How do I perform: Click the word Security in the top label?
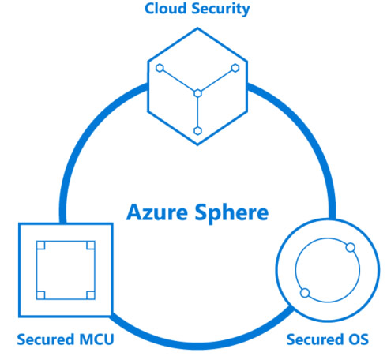(220, 9)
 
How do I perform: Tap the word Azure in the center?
(157, 212)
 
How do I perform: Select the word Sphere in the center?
(231, 213)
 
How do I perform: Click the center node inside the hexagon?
(197, 93)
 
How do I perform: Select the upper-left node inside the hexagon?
(160, 68)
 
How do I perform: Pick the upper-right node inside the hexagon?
(235, 68)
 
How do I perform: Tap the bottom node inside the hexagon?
(197, 131)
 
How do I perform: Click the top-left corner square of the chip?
(41, 246)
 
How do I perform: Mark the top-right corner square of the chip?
(91, 246)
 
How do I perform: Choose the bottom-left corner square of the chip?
(41, 295)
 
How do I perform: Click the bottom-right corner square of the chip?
(91, 295)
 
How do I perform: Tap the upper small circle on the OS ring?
(351, 248)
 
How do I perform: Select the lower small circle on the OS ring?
(305, 293)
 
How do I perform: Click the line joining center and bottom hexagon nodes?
(197, 112)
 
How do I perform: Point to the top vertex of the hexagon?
(197, 28)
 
